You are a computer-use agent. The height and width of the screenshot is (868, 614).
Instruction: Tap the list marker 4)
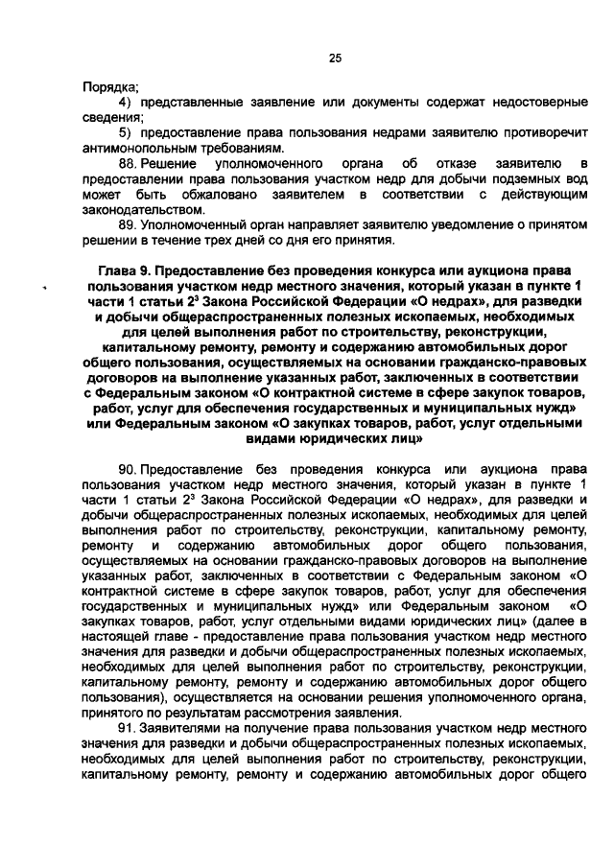124,103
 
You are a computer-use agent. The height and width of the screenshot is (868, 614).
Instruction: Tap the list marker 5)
124,133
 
